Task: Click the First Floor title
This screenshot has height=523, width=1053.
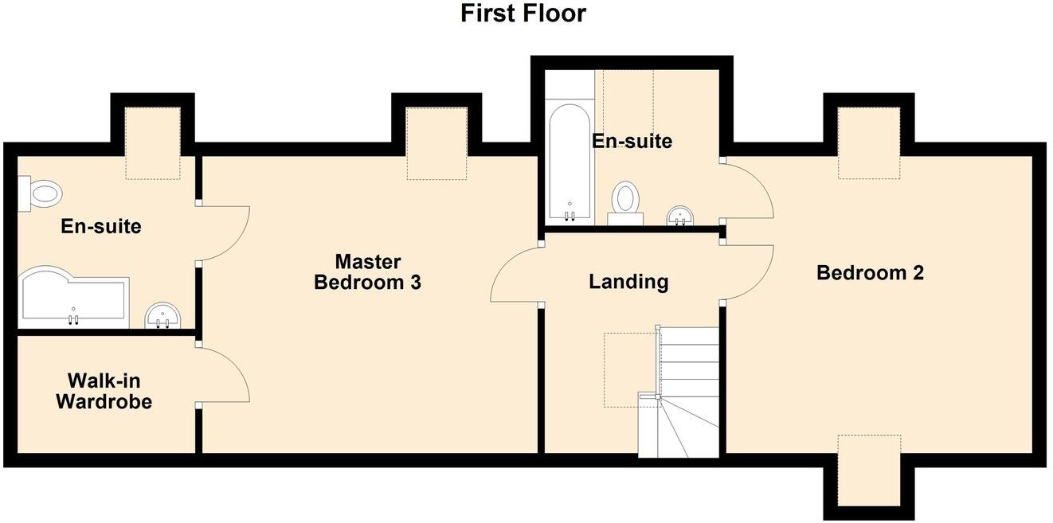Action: (x=523, y=14)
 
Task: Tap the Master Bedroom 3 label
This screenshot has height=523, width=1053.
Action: (x=367, y=271)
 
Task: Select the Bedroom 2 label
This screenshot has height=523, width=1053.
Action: (x=870, y=273)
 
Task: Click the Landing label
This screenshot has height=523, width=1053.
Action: (x=628, y=281)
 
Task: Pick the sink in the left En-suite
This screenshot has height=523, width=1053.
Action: (x=164, y=315)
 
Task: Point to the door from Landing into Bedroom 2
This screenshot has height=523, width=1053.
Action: (x=749, y=272)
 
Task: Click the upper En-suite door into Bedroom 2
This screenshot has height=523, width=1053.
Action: (x=749, y=189)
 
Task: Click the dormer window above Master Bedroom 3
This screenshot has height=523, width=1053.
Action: (x=436, y=143)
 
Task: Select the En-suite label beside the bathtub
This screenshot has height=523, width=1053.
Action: (x=632, y=141)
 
